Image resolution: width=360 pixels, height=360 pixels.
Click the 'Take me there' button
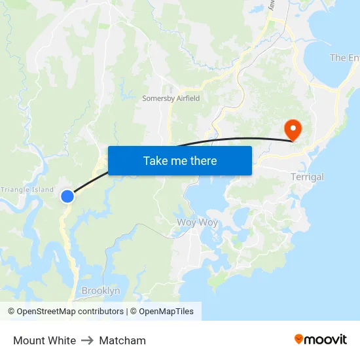(x=180, y=160)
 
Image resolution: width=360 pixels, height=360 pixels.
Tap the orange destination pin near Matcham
(x=292, y=129)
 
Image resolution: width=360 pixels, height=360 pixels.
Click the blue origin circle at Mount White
(x=67, y=196)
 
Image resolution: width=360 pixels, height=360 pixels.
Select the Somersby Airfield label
(x=171, y=98)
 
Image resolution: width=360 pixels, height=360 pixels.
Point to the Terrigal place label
(x=307, y=177)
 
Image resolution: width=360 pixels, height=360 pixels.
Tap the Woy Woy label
(x=197, y=223)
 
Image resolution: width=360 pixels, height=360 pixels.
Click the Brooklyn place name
(x=101, y=291)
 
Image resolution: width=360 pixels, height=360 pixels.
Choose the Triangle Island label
(x=27, y=190)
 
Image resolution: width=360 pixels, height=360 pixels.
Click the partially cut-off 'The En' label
(x=344, y=58)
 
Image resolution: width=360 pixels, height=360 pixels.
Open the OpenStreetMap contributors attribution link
(x=70, y=312)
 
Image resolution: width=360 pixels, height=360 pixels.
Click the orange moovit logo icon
(x=299, y=339)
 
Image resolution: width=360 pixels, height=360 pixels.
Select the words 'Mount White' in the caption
(x=45, y=340)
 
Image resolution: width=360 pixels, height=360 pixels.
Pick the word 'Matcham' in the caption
(x=122, y=340)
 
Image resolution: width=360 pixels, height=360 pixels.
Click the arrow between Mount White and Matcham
(x=88, y=340)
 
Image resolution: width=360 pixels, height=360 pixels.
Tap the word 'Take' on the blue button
(x=155, y=160)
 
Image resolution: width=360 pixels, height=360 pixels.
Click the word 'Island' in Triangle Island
(x=42, y=190)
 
